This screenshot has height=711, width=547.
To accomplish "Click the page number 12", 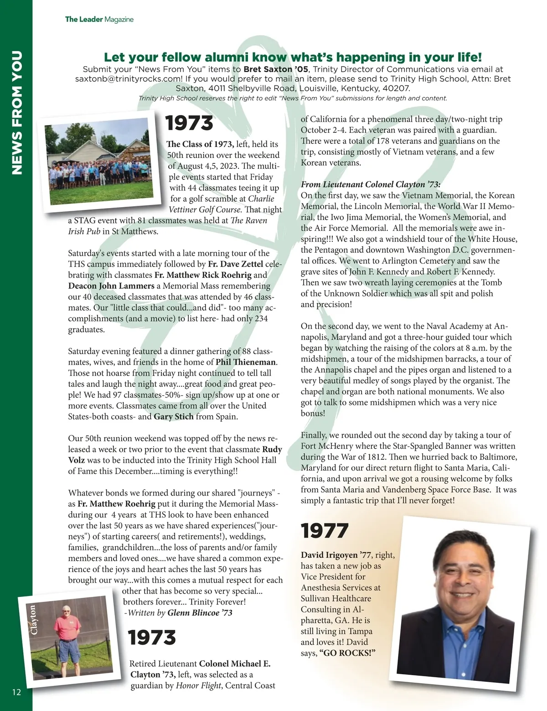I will [16, 692].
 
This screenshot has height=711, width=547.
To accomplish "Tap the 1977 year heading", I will [325, 531].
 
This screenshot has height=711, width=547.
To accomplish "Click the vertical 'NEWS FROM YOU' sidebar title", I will [16, 113].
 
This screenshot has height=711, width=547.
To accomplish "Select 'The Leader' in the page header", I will [84, 19].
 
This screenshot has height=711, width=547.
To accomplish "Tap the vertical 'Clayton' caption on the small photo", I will [33, 619].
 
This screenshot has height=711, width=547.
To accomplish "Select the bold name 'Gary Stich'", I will [174, 417].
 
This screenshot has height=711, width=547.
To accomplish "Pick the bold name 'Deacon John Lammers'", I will [111, 286].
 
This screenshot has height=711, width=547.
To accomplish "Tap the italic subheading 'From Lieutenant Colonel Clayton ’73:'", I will [370, 184].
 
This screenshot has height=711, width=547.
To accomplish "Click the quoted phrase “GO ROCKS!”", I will [348, 653].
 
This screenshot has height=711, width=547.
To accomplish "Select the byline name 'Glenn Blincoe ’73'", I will [200, 613].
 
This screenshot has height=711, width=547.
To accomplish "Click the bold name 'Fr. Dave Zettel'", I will [235, 264].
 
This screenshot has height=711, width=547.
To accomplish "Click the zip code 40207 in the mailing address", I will [397, 89].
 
